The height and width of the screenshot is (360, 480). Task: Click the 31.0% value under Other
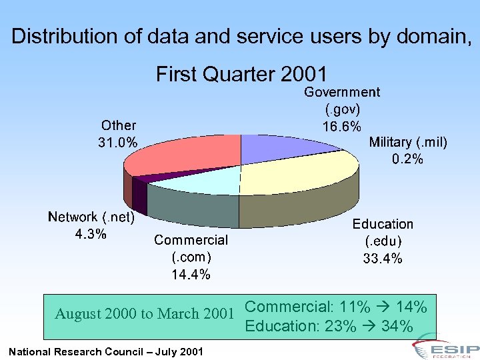[119, 142]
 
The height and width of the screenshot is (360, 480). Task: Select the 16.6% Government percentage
[342, 126]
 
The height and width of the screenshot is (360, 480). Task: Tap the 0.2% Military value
[408, 159]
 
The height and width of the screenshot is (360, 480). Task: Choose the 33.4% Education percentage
[383, 259]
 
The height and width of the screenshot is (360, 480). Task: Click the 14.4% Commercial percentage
[191, 274]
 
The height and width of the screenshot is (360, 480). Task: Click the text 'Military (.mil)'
[408, 142]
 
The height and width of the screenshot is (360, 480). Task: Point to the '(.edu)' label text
[383, 241]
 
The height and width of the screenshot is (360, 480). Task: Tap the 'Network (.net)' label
[91, 217]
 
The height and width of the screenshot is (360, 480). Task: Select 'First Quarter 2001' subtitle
[241, 73]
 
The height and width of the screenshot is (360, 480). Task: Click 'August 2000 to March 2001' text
[145, 313]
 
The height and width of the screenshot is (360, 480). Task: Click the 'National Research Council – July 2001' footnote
[106, 351]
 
